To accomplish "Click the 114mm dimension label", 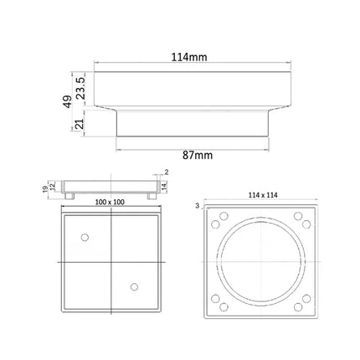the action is [189, 57].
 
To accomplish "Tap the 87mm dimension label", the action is [198, 156].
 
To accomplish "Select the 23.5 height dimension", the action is [80, 88].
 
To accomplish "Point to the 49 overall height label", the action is [67, 101].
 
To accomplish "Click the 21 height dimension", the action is [80, 124].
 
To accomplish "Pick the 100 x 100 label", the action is [110, 202].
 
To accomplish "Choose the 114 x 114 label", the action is [263, 195].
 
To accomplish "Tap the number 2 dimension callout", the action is [167, 172].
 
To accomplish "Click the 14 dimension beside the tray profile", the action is [164, 186].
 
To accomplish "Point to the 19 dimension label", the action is [45, 189].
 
